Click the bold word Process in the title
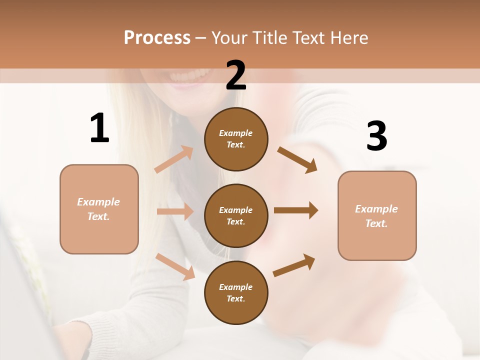click(157, 37)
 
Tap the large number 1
click(99, 128)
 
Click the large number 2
click(236, 75)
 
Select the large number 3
click(376, 136)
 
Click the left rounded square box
click(99, 209)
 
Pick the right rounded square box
click(377, 216)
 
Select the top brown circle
click(236, 139)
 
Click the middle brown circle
click(236, 215)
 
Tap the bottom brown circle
click(236, 292)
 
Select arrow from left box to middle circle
click(174, 211)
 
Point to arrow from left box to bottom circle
click(175, 266)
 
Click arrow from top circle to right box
click(297, 159)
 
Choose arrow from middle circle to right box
click(295, 210)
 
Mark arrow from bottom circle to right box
click(294, 265)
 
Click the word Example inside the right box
click(376, 209)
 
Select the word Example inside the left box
click(98, 202)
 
